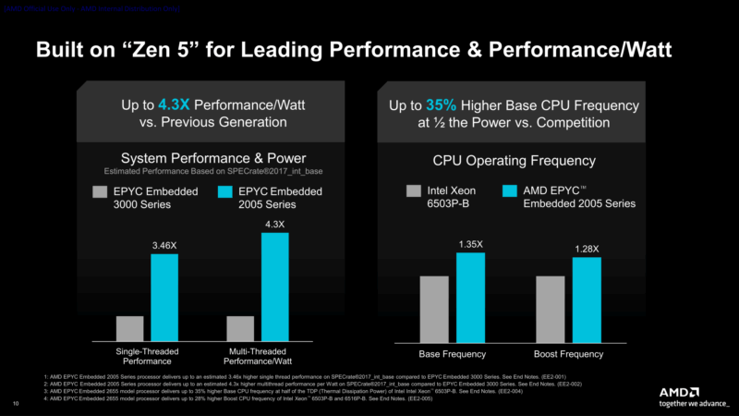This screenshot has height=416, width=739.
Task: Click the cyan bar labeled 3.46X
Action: pos(164,297)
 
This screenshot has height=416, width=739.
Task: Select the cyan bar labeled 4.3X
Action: pos(275,287)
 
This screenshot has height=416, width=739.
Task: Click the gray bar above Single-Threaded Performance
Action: pos(130,328)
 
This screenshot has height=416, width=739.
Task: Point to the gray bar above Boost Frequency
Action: pos(550,309)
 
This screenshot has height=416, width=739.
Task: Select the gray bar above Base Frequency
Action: pos(434,309)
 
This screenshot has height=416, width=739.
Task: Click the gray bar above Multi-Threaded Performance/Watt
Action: pos(240,328)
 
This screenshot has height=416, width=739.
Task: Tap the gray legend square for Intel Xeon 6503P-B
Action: pos(415,191)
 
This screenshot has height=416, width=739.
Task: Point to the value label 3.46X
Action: pos(164,246)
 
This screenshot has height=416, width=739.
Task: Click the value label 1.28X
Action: pos(587,249)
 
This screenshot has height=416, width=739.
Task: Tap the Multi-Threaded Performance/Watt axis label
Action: pos(258,358)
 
